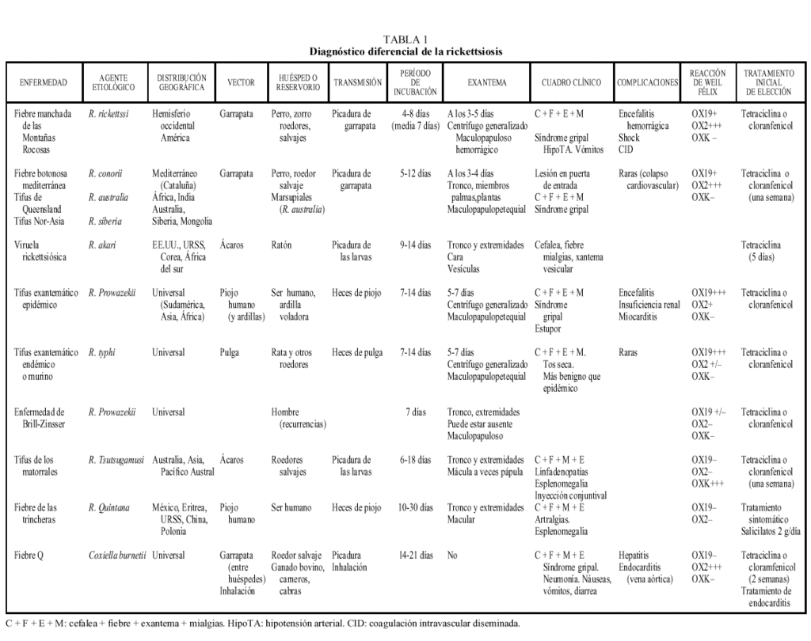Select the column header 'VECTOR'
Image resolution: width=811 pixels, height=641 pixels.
pos(241,82)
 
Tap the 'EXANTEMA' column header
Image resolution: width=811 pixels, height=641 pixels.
pos(487,82)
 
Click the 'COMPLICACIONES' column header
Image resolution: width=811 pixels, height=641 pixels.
pos(647,82)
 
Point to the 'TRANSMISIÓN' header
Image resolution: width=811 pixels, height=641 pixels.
pos(357,82)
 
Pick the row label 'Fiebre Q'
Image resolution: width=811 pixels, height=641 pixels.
pos(29,556)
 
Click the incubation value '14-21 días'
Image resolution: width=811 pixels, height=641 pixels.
pos(414,556)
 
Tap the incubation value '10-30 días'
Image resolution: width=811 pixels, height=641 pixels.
pos(414,507)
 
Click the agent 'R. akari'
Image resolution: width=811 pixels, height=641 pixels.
pos(102,245)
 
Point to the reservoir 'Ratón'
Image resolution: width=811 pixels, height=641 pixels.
pos(281,245)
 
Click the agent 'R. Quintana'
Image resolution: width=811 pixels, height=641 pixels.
pos(110,507)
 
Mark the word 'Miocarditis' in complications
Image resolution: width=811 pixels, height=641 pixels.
pos(640,317)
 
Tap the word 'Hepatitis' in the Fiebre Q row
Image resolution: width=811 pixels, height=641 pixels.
pos(636,556)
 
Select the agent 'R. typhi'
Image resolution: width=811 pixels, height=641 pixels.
pos(102,353)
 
